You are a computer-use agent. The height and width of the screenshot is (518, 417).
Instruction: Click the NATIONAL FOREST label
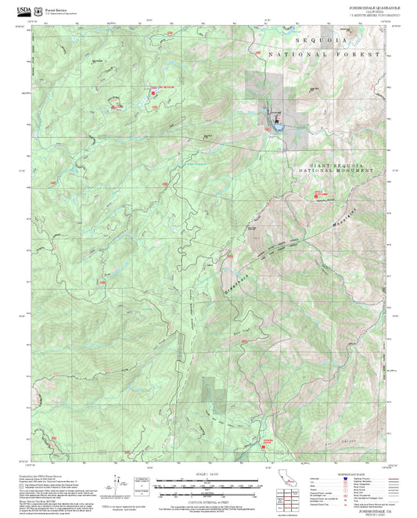tap(324, 55)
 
